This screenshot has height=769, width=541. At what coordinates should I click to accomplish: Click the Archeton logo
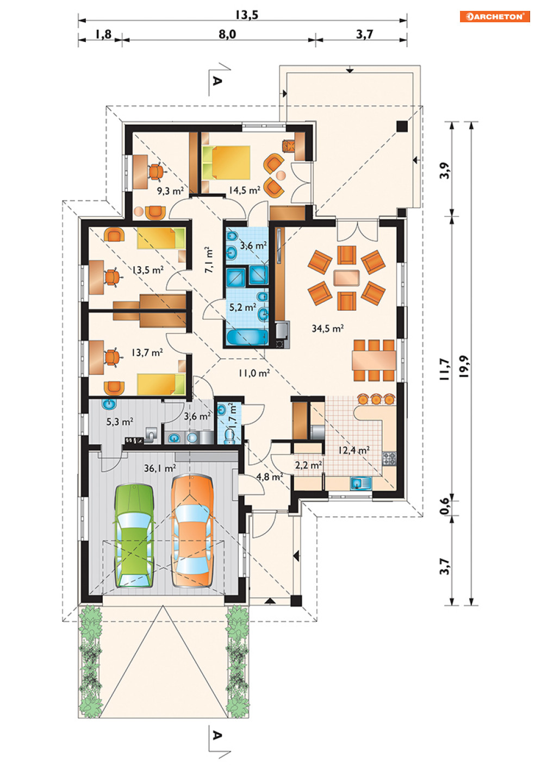pyautogui.click(x=495, y=16)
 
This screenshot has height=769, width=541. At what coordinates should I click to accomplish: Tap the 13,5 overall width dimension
pyautogui.click(x=247, y=15)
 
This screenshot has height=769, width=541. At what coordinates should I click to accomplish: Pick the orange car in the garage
pyautogui.click(x=192, y=531)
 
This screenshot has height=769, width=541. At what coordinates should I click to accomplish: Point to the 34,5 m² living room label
pyautogui.click(x=328, y=329)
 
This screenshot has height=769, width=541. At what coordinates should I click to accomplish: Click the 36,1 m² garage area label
pyautogui.click(x=160, y=468)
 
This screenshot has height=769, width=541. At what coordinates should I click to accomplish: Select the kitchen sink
pyautogui.click(x=360, y=483)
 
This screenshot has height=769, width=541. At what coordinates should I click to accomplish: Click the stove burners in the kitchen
pyautogui.click(x=389, y=459)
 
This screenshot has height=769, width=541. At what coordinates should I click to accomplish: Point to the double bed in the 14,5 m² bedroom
pyautogui.click(x=226, y=162)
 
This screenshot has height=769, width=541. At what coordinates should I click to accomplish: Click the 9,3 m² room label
pyautogui.click(x=170, y=191)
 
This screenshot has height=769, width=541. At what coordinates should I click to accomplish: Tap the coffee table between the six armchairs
pyautogui.click(x=346, y=278)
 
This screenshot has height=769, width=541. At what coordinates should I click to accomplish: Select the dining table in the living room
pyautogui.click(x=374, y=360)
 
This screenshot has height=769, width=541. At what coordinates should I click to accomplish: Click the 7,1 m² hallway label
pyautogui.click(x=208, y=260)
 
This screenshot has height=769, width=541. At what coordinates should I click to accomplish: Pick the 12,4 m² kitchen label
pyautogui.click(x=354, y=450)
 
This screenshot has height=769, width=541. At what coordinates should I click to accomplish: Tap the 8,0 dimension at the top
pyautogui.click(x=227, y=34)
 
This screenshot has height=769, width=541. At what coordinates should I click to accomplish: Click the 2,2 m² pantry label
pyautogui.click(x=308, y=465)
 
